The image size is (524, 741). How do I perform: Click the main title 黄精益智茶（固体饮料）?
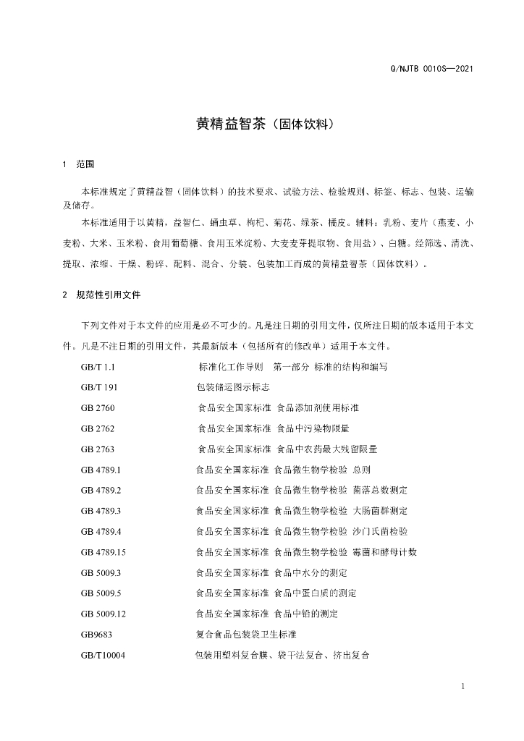[x=262, y=124]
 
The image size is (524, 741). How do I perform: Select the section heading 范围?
[x=85, y=164]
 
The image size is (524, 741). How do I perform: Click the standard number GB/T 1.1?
[x=98, y=367]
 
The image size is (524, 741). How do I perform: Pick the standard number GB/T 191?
[x=99, y=387]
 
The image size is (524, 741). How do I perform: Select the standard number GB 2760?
[x=98, y=408]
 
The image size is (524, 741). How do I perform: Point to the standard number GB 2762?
[x=98, y=428]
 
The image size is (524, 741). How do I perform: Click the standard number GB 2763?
[x=98, y=449]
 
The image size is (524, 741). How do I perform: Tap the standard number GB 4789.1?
[x=101, y=470]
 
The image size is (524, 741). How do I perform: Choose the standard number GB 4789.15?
[x=104, y=552]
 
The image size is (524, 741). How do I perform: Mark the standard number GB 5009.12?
[x=104, y=614]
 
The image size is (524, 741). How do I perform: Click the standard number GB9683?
[x=96, y=635]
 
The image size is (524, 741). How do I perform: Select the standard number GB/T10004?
[x=103, y=655]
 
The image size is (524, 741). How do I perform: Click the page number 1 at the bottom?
[x=462, y=686]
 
